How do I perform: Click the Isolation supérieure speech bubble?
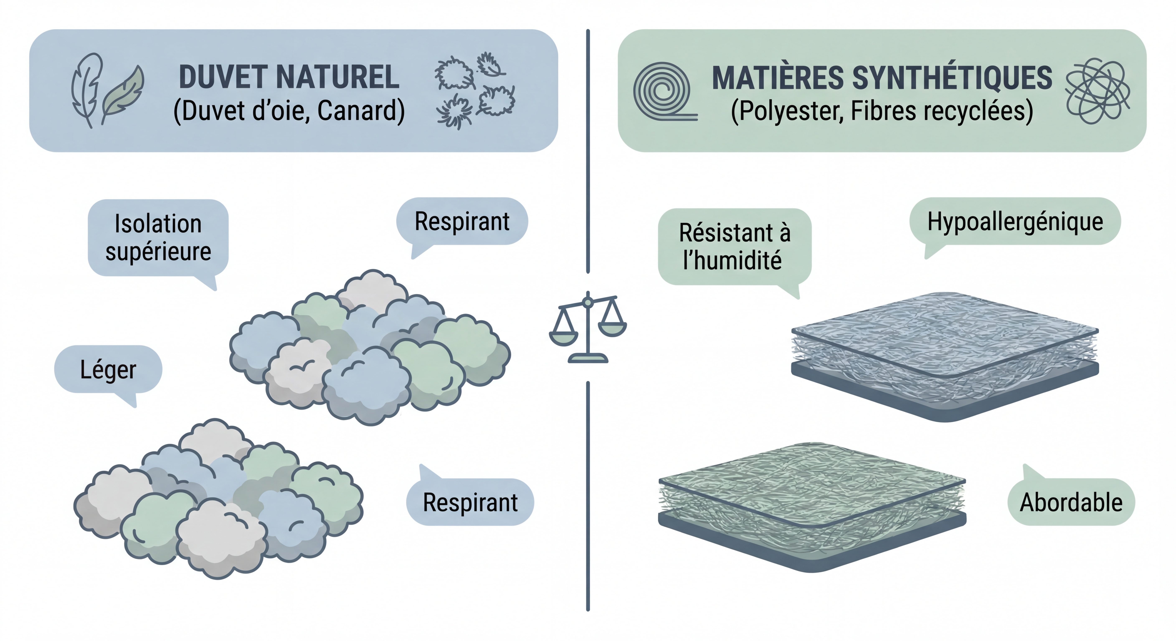tap(158, 238)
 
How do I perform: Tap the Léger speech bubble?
tap(108, 369)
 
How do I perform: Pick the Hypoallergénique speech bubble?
tap(1015, 222)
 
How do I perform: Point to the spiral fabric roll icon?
tap(662, 91)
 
